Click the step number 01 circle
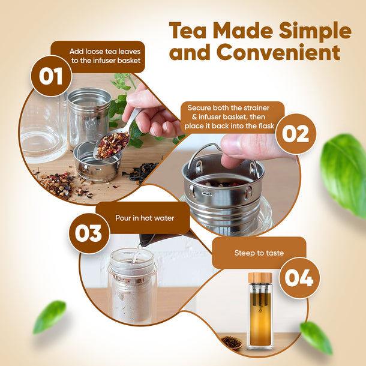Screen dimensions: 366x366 pyautogui.click(x=51, y=76)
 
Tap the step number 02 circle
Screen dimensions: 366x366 pyautogui.click(x=296, y=134)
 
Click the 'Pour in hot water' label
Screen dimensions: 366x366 pyautogui.click(x=145, y=218)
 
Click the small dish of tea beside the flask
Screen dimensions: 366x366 pyautogui.click(x=230, y=342)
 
